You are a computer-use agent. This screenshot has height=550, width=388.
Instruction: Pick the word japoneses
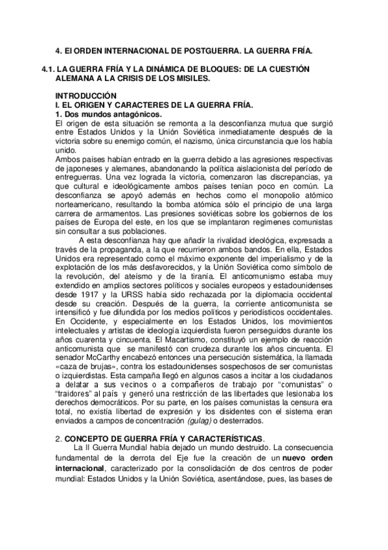pos(79,169)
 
